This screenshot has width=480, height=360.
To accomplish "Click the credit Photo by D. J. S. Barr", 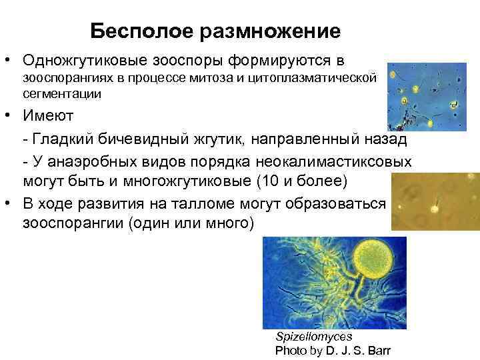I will [x=333, y=351].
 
